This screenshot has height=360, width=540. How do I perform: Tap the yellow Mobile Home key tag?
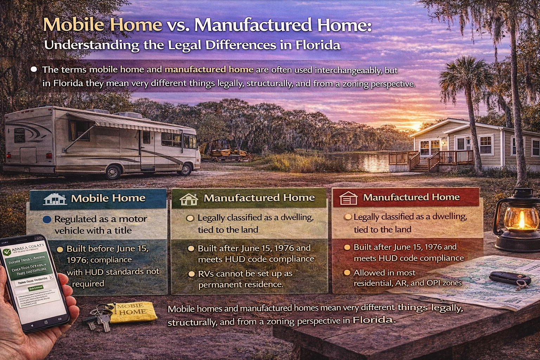click(x=132, y=311)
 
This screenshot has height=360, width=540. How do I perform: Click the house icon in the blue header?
click(x=55, y=199)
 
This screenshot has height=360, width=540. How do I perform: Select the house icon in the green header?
click(x=189, y=199)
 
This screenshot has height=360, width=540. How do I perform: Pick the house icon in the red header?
click(x=348, y=198)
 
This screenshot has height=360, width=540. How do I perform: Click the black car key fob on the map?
click(x=509, y=278)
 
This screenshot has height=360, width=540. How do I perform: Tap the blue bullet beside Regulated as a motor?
click(x=47, y=220)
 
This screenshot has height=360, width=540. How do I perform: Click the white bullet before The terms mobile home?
click(x=34, y=69)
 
